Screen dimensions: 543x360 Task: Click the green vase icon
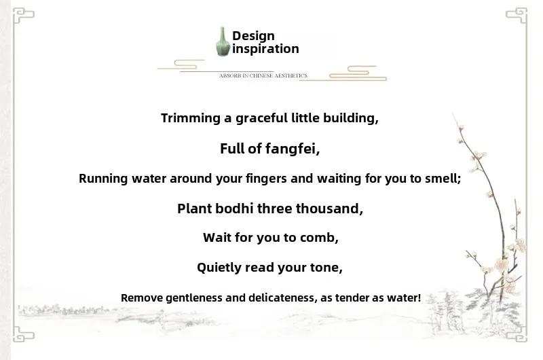pyautogui.click(x=223, y=41)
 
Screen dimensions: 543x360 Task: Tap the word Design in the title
pyautogui.click(x=253, y=36)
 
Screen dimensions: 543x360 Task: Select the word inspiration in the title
pyautogui.click(x=265, y=49)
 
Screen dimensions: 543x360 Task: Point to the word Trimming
pyautogui.click(x=191, y=118)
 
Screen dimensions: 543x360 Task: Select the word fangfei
pyautogui.click(x=293, y=149)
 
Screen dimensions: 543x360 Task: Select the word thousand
pyautogui.click(x=329, y=209)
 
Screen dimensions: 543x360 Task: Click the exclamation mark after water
pyautogui.click(x=419, y=298)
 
